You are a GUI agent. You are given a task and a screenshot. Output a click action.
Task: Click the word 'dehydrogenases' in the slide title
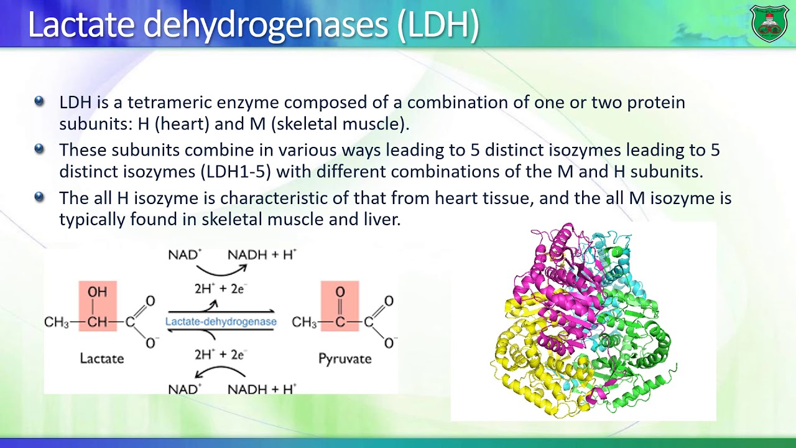point(266,25)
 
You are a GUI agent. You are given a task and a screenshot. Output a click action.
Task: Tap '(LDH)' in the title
point(438,25)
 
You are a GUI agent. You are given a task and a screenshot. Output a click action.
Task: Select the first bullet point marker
point(39,101)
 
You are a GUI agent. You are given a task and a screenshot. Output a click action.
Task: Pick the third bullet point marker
point(39,197)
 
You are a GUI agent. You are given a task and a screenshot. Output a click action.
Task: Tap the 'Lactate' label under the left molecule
point(101,358)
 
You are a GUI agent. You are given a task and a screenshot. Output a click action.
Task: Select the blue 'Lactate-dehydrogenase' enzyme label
point(221,322)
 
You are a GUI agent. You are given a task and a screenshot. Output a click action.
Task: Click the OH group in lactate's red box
point(97,292)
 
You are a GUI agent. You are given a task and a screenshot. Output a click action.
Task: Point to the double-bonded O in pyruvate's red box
point(340,292)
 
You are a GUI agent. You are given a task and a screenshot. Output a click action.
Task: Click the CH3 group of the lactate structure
point(56,322)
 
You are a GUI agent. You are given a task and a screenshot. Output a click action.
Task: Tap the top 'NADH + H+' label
point(262,254)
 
